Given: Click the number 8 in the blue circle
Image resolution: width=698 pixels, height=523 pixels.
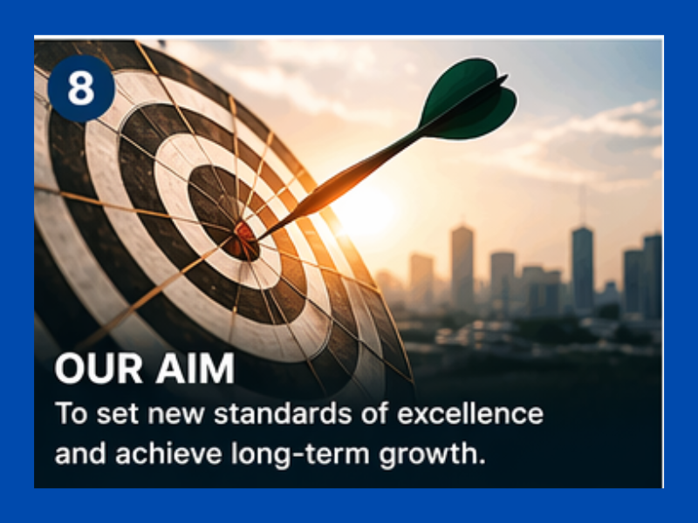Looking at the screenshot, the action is tap(81, 88).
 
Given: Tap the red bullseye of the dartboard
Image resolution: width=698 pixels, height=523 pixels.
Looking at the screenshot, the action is tap(243, 241).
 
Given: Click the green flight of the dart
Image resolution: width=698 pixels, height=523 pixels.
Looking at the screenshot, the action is tap(468, 99).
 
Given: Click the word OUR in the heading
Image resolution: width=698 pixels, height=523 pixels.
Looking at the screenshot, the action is tap(99, 368).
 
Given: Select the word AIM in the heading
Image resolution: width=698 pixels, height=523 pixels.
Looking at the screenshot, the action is tap(195, 368).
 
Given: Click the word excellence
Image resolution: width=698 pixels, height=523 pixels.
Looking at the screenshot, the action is tap(470, 413).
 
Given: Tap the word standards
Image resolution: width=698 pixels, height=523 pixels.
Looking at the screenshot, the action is tap(283, 413).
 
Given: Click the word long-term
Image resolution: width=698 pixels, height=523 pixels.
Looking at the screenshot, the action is tap(300, 454).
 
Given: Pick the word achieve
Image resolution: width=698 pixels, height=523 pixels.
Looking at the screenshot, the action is tap(168, 453).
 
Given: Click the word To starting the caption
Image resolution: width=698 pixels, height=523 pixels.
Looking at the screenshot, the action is tap(71, 413).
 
